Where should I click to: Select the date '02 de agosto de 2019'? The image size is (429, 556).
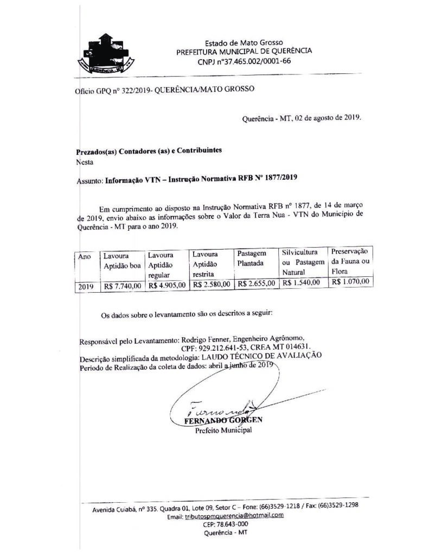[x=328, y=117]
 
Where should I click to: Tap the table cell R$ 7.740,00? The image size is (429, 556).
[x=122, y=284]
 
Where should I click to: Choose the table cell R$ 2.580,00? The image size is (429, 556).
[x=212, y=283]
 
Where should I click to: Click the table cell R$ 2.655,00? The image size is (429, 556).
[x=256, y=283]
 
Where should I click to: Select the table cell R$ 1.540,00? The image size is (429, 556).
[x=302, y=282]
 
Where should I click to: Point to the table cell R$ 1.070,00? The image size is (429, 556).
[x=350, y=281]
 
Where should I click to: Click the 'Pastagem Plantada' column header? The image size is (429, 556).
[x=252, y=258]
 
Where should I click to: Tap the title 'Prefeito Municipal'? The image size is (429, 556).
[x=223, y=431]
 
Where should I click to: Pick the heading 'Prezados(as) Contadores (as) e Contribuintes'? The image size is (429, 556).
[x=149, y=151]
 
